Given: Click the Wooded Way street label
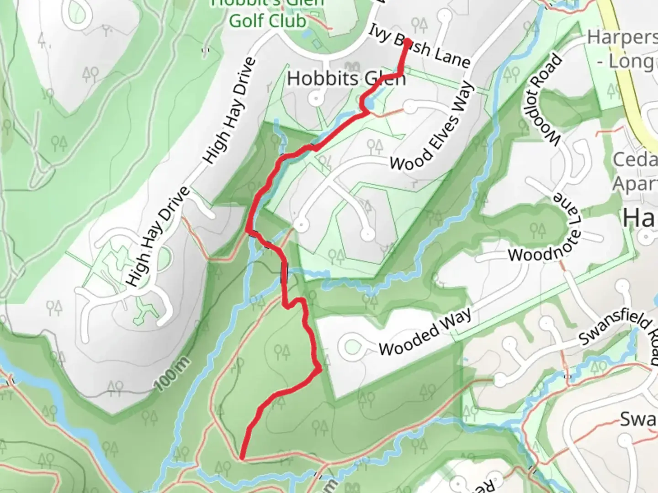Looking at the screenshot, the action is (425, 332).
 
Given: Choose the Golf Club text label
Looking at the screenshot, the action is (267, 21).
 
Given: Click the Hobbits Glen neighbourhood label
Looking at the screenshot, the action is (346, 79).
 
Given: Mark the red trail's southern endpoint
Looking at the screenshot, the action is (241, 456).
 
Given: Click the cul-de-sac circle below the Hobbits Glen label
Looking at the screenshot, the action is (316, 98).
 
